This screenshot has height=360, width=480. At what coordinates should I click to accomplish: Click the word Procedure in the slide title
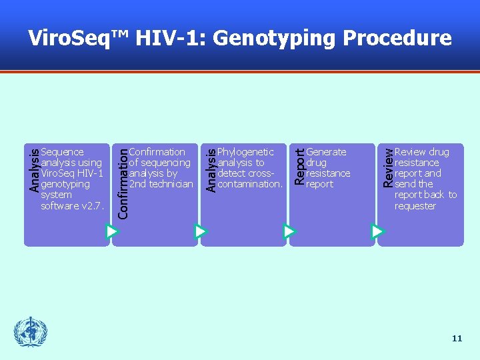click(397, 38)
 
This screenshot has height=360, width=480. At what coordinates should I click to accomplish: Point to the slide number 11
click(457, 339)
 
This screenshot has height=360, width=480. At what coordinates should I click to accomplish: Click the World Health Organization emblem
click(31, 332)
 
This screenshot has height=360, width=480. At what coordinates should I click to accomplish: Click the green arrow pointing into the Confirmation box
click(112, 231)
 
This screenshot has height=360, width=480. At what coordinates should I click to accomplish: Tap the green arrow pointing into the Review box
click(377, 231)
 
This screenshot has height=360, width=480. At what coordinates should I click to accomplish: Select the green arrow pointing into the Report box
click(289, 231)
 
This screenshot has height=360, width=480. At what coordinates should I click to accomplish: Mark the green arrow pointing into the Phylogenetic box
click(201, 231)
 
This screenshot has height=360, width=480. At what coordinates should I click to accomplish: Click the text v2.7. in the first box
click(91, 206)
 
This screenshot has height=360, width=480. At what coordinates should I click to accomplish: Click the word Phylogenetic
click(245, 152)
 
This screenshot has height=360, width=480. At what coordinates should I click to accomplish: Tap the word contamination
click(250, 184)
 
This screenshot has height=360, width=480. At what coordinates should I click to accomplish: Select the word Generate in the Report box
click(326, 152)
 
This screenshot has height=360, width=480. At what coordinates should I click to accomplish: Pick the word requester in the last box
click(415, 206)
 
